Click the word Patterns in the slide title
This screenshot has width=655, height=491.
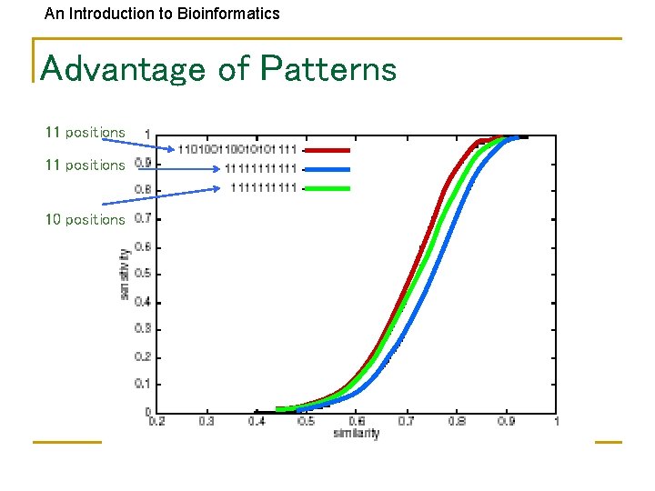coord(328,69)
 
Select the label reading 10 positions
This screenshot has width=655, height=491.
coord(86,219)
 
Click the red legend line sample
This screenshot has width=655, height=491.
coord(326,149)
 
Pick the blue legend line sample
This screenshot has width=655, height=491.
coord(326,169)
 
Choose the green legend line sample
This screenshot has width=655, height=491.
coord(326,188)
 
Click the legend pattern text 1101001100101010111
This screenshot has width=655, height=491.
coord(237,149)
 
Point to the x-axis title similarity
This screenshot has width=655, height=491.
coord(357,434)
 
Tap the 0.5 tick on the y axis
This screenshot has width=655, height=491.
coord(143,274)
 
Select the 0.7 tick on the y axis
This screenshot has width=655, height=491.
coord(143,219)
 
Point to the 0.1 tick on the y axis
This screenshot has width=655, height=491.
coord(143,384)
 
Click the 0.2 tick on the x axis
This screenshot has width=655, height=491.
coord(157,421)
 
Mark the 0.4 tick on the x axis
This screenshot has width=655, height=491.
coord(257,421)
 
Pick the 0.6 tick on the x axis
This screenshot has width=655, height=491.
coord(357,421)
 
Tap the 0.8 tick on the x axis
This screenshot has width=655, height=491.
coord(456,421)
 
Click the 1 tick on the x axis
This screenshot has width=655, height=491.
coord(555,421)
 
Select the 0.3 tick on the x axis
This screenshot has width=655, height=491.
coord(207,421)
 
